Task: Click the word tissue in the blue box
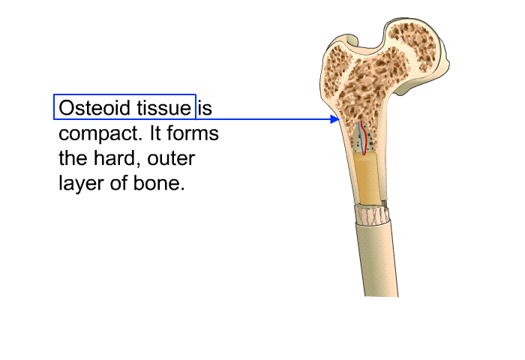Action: [x=164, y=108]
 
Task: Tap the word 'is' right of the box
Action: [x=205, y=108]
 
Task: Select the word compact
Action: [x=100, y=134]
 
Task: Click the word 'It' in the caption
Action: [x=155, y=133]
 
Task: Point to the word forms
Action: [x=193, y=133]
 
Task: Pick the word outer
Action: [x=171, y=158]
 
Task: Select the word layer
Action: [x=81, y=184]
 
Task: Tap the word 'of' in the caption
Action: [x=118, y=183]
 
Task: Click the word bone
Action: [x=157, y=183]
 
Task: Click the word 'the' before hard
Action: [x=73, y=158]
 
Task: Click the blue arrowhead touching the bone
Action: [x=334, y=119]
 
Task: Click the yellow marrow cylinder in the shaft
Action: [x=367, y=179]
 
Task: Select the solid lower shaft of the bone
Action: [x=377, y=259]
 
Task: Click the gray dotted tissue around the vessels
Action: [x=364, y=141]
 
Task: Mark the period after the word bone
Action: [x=182, y=189]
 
